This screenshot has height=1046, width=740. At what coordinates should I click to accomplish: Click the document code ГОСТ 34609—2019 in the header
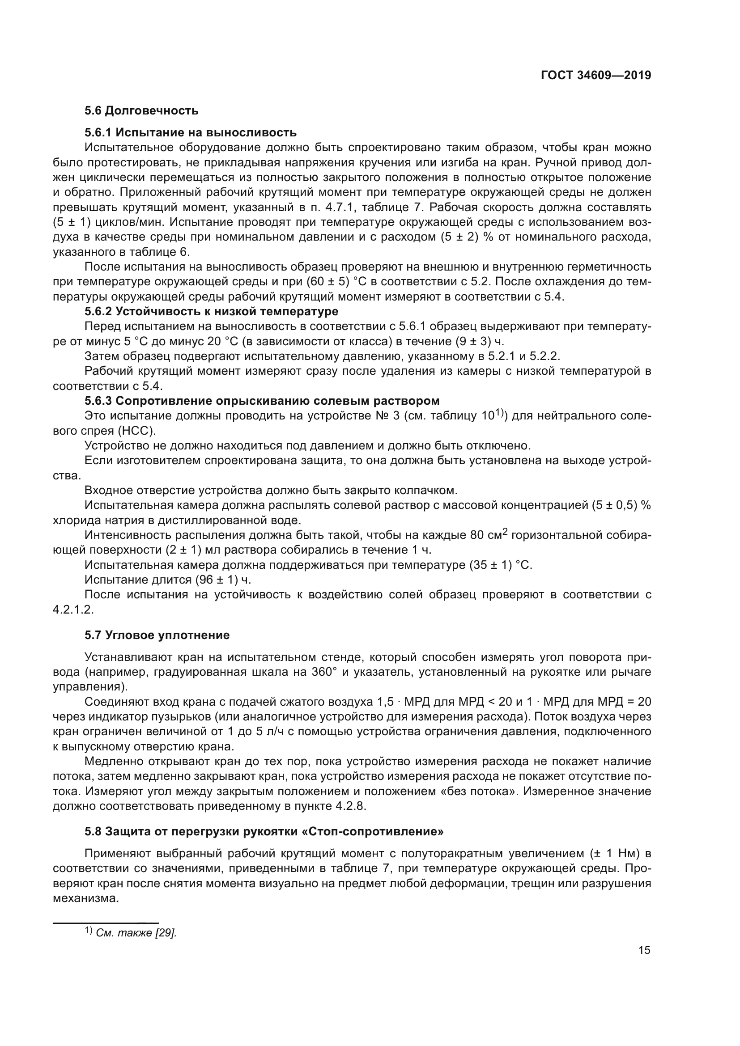coord(595,75)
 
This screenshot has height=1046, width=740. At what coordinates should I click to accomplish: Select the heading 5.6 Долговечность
coord(141,111)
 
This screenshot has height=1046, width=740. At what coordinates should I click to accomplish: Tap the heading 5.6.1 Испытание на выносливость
coord(191,132)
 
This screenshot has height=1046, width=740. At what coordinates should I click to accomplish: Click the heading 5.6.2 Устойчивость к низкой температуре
coord(212,312)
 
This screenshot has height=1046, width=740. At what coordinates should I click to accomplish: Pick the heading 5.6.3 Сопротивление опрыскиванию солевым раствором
coord(262,401)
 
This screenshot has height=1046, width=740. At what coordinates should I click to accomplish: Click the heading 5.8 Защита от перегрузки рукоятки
coord(264,831)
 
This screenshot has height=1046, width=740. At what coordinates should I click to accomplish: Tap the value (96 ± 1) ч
coord(223,580)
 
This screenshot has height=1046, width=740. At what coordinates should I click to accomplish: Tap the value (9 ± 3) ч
coord(480,341)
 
